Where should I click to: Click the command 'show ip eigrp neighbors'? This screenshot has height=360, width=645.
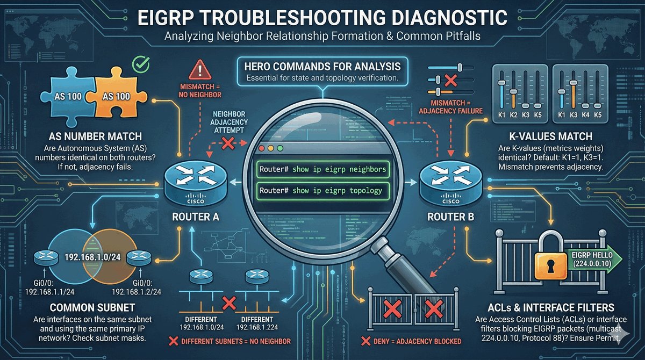pos(322,169)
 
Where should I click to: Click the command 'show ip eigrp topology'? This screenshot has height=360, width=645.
pos(321,190)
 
